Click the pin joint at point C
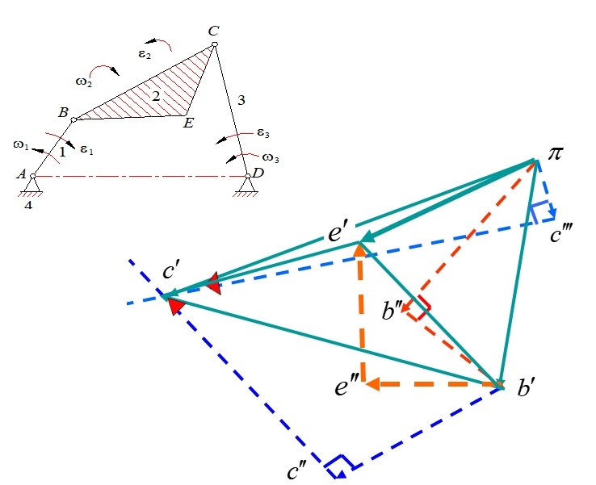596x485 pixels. tap(214, 44)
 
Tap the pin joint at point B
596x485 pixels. tap(73, 119)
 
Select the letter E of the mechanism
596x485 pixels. tap(188, 123)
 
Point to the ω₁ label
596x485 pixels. tap(21, 145)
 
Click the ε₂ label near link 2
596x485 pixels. tap(145, 54)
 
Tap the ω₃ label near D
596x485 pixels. tap(271, 158)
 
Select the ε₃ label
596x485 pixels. tap(263, 133)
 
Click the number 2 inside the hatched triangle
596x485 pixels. tap(156, 97)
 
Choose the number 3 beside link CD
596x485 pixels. tap(241, 100)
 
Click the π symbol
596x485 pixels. tap(556, 153)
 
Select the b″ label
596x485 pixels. tap(392, 311)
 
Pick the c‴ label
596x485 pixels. tap(561, 234)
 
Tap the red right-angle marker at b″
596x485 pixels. tap(419, 308)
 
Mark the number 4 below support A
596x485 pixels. tap(28, 206)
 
